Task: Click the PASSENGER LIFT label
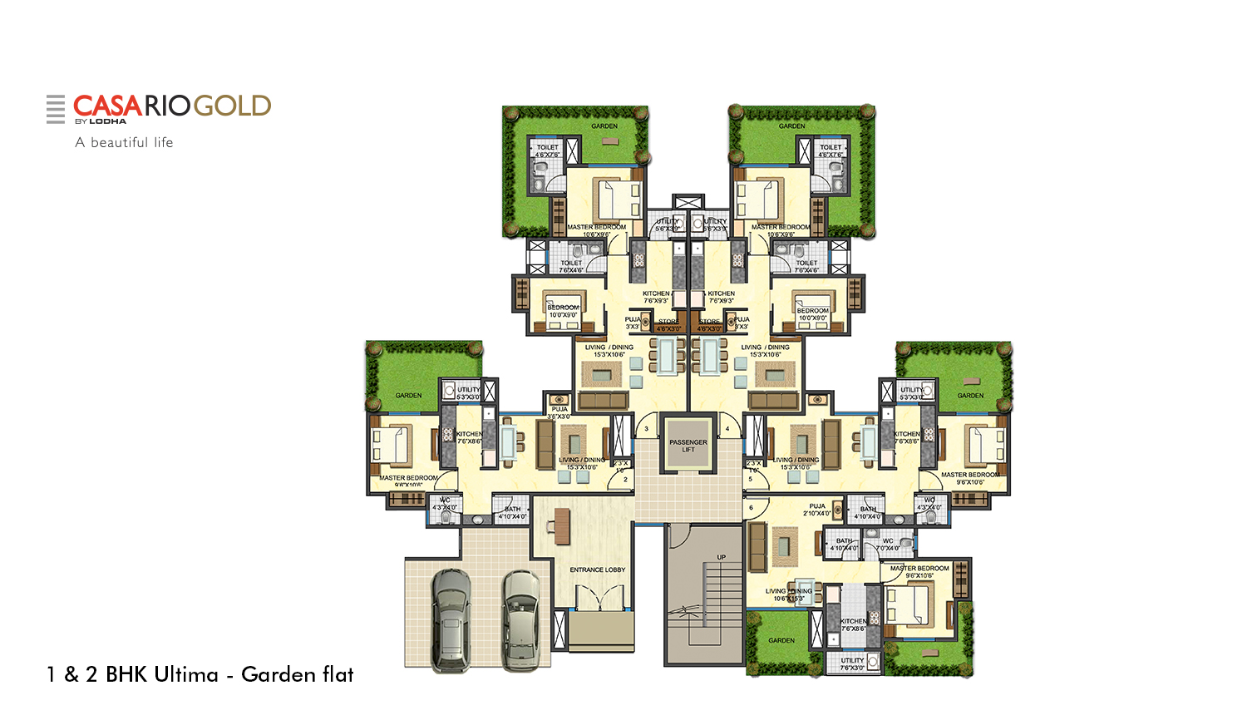(688, 446)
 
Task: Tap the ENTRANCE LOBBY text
(597, 569)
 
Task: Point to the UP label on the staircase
(721, 557)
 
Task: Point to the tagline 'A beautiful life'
(124, 142)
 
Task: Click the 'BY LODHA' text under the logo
(101, 121)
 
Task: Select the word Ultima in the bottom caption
(162, 674)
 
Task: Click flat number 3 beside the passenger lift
(646, 429)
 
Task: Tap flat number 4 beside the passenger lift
(727, 429)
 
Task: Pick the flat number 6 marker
(751, 507)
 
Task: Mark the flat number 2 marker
(625, 480)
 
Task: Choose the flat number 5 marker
(750, 479)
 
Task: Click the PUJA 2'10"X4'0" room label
(817, 509)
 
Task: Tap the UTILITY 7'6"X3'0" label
(852, 663)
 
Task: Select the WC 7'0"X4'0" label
(888, 544)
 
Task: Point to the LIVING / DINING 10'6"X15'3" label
(788, 594)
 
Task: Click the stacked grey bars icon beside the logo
(56, 109)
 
